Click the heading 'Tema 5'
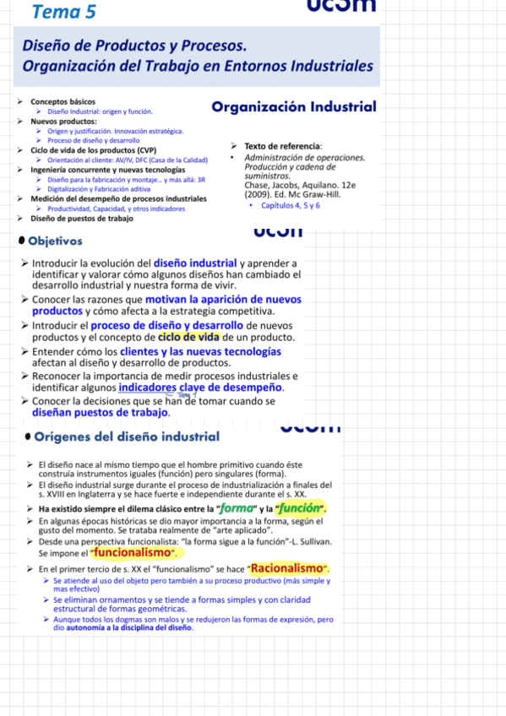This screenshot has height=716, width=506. pos(63,11)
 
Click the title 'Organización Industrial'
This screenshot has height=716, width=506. pos(294,107)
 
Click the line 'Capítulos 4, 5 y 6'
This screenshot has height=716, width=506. pos(290,205)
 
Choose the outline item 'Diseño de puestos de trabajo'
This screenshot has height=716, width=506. pos(82,218)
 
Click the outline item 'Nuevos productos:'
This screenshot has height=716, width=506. pos(63,121)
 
